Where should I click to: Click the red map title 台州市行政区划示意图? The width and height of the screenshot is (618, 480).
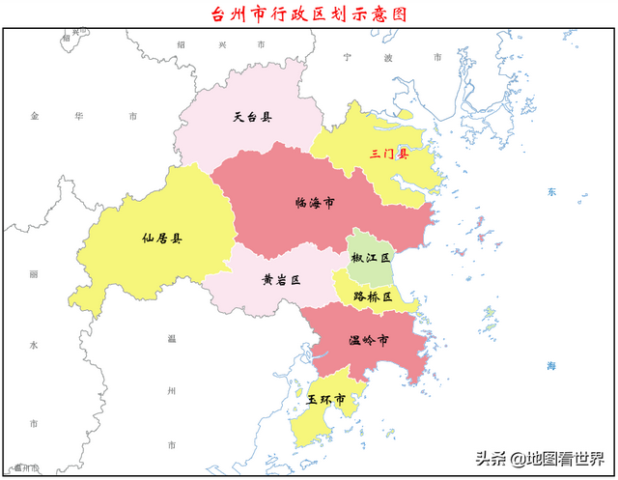(x=309, y=14)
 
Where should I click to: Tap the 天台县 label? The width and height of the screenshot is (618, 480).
(x=252, y=118)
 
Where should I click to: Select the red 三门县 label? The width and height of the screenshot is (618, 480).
(x=389, y=154)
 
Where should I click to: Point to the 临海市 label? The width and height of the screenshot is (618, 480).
(x=315, y=204)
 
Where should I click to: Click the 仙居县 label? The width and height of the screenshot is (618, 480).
(x=161, y=239)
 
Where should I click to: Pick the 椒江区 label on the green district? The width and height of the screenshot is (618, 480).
(x=371, y=259)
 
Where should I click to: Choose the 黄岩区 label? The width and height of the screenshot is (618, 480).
(x=281, y=280)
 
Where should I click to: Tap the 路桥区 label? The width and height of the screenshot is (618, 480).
(x=373, y=297)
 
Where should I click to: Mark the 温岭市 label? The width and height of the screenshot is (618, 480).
(x=369, y=341)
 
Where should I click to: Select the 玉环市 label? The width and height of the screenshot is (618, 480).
(x=326, y=399)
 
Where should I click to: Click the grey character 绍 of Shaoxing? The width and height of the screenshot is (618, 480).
(x=182, y=44)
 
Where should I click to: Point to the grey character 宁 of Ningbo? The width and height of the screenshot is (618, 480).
(x=347, y=57)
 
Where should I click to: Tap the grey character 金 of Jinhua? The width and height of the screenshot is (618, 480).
(x=34, y=116)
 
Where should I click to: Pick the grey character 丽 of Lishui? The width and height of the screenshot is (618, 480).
(x=33, y=275)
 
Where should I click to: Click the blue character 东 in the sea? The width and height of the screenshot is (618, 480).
(x=551, y=192)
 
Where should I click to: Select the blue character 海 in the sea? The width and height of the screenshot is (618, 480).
(x=551, y=366)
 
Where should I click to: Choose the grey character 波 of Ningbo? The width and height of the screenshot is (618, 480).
(x=388, y=57)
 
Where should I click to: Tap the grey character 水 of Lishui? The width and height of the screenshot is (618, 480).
(x=33, y=345)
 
